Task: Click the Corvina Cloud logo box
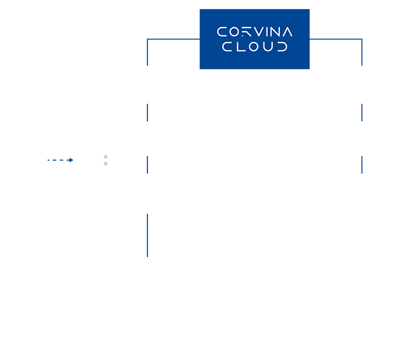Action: (x=254, y=39)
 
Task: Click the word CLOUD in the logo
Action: (x=255, y=47)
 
